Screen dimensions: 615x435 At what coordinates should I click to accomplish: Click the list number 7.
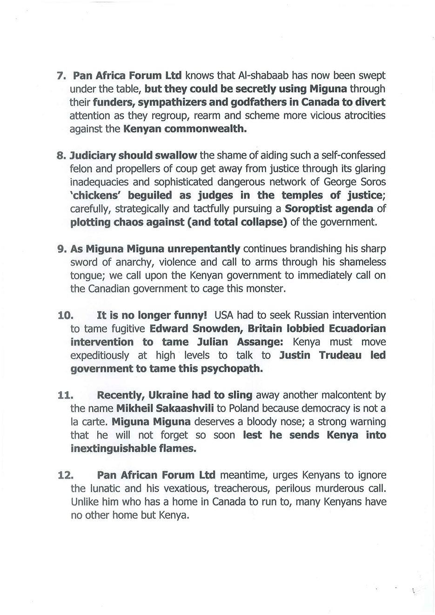(x=60, y=75)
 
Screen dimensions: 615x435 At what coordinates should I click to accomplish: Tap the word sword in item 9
(x=84, y=262)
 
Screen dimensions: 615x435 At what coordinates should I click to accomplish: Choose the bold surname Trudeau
(x=340, y=355)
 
